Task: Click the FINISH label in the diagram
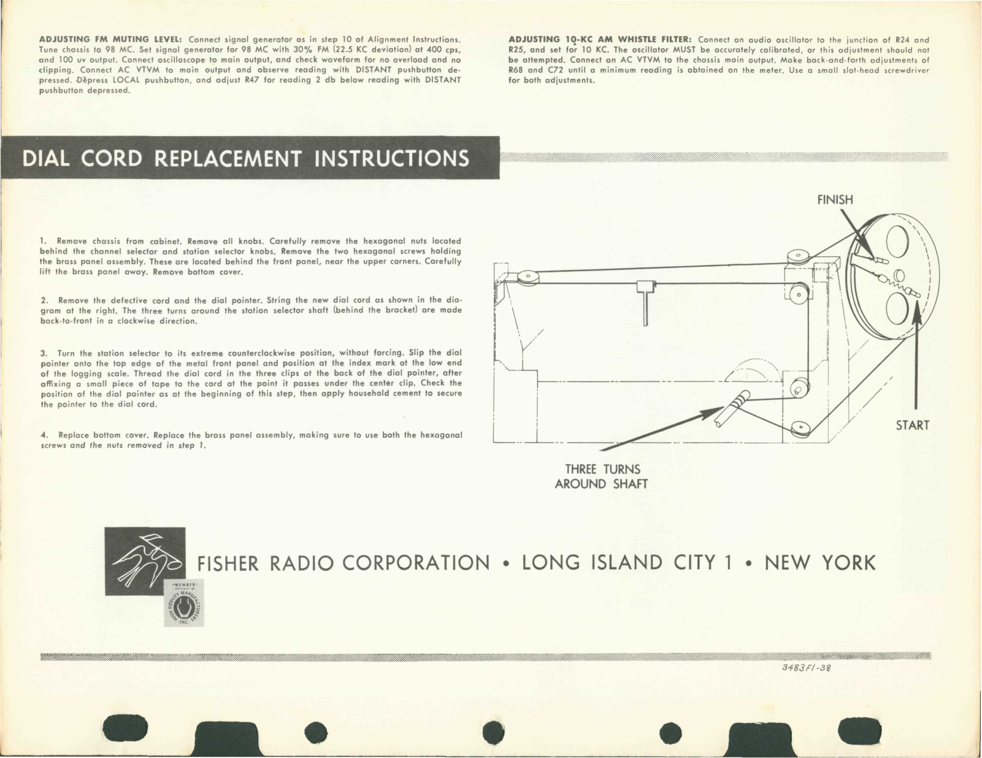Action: coord(835,200)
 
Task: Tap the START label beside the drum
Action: coord(913,425)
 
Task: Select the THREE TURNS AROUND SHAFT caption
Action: coord(601,477)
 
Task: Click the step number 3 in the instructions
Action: coord(44,354)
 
